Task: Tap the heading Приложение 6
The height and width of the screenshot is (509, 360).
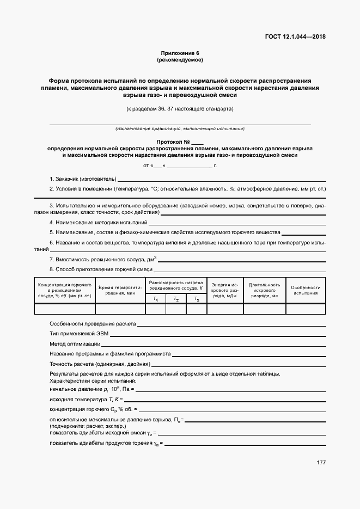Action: [180, 53]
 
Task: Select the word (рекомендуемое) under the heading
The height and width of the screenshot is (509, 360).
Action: [180, 59]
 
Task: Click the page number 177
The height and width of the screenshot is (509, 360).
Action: [321, 462]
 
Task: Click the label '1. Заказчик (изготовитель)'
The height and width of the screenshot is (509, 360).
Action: [83, 179]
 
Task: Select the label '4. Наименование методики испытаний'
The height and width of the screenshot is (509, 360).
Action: [98, 222]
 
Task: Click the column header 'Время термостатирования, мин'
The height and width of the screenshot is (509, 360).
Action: [120, 289]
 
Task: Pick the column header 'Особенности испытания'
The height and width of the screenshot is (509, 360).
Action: [305, 290]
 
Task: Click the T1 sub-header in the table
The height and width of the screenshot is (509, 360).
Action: [155, 299]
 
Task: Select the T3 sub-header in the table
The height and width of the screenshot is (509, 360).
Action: [197, 299]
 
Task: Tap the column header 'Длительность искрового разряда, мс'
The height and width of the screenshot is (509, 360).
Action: [264, 290]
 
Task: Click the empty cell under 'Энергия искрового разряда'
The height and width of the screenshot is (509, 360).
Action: [224, 309]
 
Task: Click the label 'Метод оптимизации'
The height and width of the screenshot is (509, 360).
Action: [75, 344]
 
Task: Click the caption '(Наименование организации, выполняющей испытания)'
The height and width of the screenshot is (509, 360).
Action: [180, 128]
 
